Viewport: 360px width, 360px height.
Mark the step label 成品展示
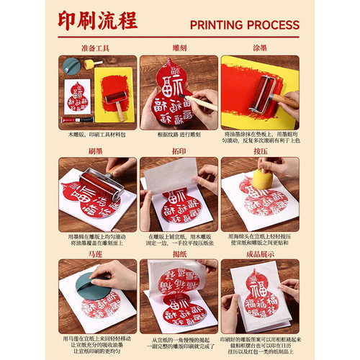tap(259, 253)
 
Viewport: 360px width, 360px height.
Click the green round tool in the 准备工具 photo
tap(72, 65)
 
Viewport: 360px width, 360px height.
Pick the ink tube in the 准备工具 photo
tap(76, 119)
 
